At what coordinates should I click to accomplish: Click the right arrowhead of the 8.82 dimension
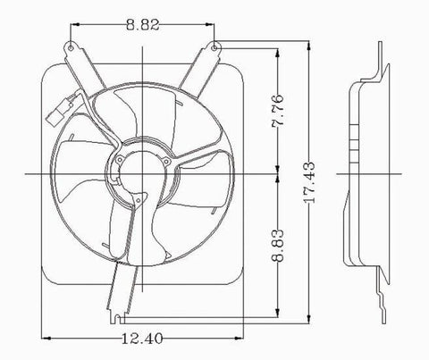click(x=214, y=27)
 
